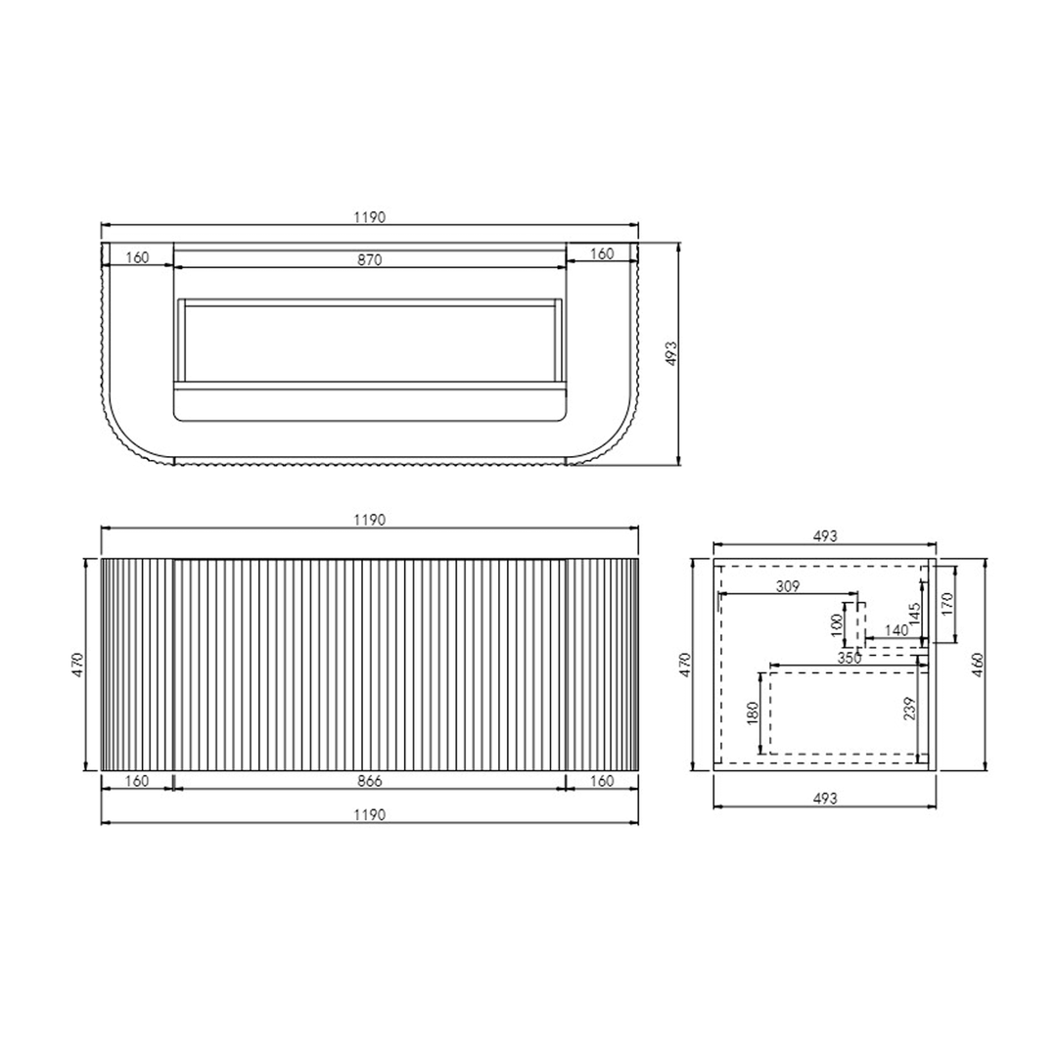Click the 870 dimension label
click(x=369, y=259)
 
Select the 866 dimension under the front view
click(x=369, y=781)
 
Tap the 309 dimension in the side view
click(x=787, y=586)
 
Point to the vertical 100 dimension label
click(x=838, y=624)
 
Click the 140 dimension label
click(x=896, y=630)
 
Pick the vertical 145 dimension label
click(x=915, y=614)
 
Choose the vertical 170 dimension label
click(x=947, y=605)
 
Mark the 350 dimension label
click(x=849, y=658)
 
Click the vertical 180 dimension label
click(x=753, y=713)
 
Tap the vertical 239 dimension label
click(x=910, y=709)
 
